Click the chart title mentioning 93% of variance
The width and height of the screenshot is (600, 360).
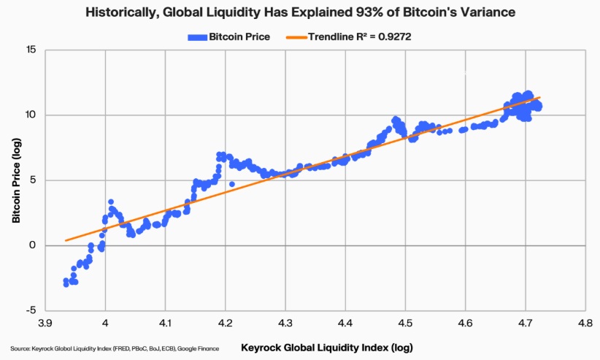pos(300,12)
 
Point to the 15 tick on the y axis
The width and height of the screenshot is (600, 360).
pos(31,50)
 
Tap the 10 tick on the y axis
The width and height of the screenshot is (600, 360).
pos(31,115)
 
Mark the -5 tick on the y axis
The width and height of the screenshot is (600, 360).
pos(32,310)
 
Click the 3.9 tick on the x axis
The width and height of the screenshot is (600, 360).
pos(45,322)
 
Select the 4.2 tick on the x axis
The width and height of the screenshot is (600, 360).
pos(225,322)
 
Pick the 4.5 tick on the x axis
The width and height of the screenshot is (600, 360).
pos(405,322)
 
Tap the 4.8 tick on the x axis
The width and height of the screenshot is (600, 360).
pos(585,322)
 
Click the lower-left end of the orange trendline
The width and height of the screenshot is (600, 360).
pos(66,240)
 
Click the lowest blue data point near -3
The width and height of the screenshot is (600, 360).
pos(66,284)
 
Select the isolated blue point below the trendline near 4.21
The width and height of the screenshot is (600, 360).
pos(231,184)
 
